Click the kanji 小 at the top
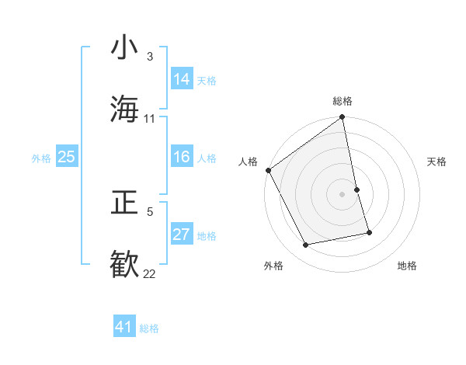tap(125, 49)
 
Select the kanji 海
tap(125, 109)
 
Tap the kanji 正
tap(125, 204)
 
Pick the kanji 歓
tap(125, 263)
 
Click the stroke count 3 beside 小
tap(150, 57)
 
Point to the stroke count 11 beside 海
tap(150, 118)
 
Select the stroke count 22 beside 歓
tap(150, 273)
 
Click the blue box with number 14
tap(182, 79)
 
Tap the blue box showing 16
tap(182, 157)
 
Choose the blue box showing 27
tap(182, 235)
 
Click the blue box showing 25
tap(67, 157)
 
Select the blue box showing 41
tap(124, 327)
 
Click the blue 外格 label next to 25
tap(41, 158)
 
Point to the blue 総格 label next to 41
tap(149, 328)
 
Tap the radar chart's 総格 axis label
tap(343, 101)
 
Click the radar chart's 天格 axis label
tap(437, 162)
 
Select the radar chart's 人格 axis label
tap(249, 162)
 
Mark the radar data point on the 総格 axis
tap(343, 118)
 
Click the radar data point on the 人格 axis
tap(269, 170)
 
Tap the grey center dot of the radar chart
tap(343, 194)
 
